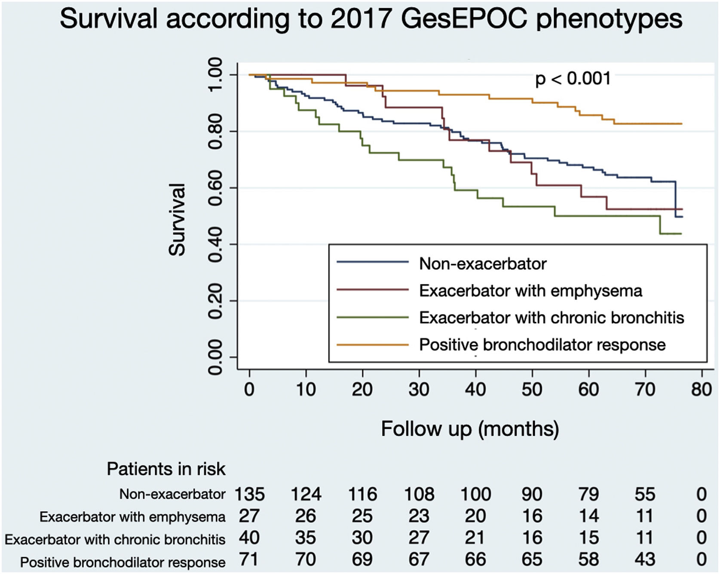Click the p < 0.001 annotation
point(573,79)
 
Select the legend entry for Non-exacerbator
point(482,264)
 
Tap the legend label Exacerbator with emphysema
point(530,291)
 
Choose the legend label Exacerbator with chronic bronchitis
point(551,318)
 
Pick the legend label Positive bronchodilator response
point(542,345)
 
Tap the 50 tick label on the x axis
point(532,389)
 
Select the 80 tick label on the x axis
point(702,389)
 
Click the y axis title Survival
point(177,220)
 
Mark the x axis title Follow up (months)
point(470,429)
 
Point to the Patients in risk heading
point(166,469)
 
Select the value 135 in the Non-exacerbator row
point(249,494)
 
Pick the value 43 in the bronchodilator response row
point(645,559)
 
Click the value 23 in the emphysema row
point(419,516)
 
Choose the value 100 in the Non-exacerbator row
point(475,494)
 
